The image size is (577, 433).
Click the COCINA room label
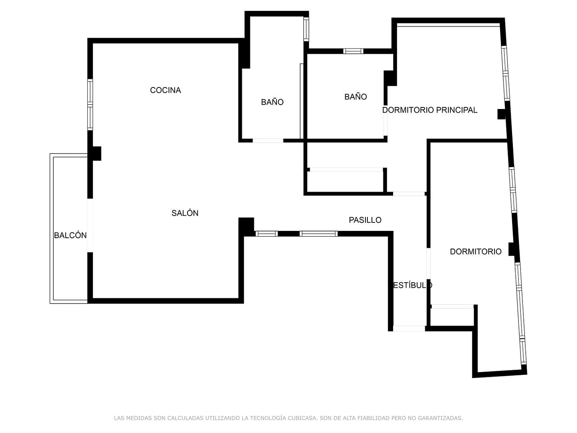point(165,90)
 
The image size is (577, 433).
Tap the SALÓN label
point(185,213)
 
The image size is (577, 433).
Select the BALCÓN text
point(70,235)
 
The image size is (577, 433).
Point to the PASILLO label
point(365,220)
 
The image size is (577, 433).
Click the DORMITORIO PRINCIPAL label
point(430,110)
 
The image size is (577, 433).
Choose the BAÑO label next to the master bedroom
point(355,97)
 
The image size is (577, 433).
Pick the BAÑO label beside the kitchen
point(272,102)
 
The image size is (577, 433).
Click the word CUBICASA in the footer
point(302,418)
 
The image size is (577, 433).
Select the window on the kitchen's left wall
point(90,105)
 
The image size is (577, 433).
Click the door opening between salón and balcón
point(90,225)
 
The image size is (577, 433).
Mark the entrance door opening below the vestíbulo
point(409,328)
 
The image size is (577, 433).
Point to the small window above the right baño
point(353,51)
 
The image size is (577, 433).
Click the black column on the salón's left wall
point(96,154)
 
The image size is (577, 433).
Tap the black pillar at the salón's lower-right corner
point(246,227)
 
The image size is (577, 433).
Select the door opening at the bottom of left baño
point(268,141)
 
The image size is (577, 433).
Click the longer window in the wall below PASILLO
point(319,234)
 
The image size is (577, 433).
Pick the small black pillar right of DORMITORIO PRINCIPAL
point(501,114)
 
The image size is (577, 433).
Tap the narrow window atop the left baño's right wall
point(306,29)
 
